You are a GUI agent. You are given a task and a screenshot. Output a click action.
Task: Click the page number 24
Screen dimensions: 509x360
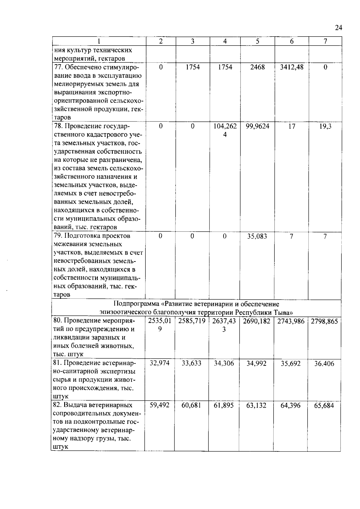click(x=338, y=28)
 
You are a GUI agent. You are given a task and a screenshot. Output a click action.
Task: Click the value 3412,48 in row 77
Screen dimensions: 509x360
click(x=292, y=67)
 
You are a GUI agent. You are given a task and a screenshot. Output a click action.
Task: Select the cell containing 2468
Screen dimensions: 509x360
click(x=257, y=67)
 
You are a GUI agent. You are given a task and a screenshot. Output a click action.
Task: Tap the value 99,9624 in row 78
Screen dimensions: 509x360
click(x=257, y=127)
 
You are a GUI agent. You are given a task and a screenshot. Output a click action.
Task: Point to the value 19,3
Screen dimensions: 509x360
click(x=325, y=127)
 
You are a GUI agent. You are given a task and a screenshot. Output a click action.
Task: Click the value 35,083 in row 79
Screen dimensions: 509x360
click(x=257, y=236)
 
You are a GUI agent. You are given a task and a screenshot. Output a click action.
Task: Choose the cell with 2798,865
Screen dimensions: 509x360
click(x=324, y=322)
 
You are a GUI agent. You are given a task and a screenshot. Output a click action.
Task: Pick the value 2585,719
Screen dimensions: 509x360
click(x=192, y=322)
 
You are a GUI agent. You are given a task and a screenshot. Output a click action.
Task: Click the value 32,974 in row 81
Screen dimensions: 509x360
click(x=160, y=363)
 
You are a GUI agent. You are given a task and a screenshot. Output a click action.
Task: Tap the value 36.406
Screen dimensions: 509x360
click(x=324, y=364)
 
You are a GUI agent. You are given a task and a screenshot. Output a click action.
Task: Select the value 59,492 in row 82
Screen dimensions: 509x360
click(x=160, y=405)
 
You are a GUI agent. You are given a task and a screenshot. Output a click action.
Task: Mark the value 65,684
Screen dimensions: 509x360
click(x=324, y=406)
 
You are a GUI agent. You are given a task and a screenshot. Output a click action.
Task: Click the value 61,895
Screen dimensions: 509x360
click(x=224, y=406)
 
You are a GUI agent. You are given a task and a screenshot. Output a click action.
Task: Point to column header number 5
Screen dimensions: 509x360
click(x=257, y=41)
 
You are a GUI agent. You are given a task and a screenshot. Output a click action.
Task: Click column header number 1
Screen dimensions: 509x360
click(x=99, y=41)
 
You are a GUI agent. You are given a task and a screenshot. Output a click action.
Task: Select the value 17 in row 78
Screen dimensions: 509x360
click(x=292, y=127)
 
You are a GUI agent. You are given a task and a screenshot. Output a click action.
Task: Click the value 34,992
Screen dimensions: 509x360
click(x=256, y=364)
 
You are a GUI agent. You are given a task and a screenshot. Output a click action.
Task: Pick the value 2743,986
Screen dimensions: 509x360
click(x=291, y=322)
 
